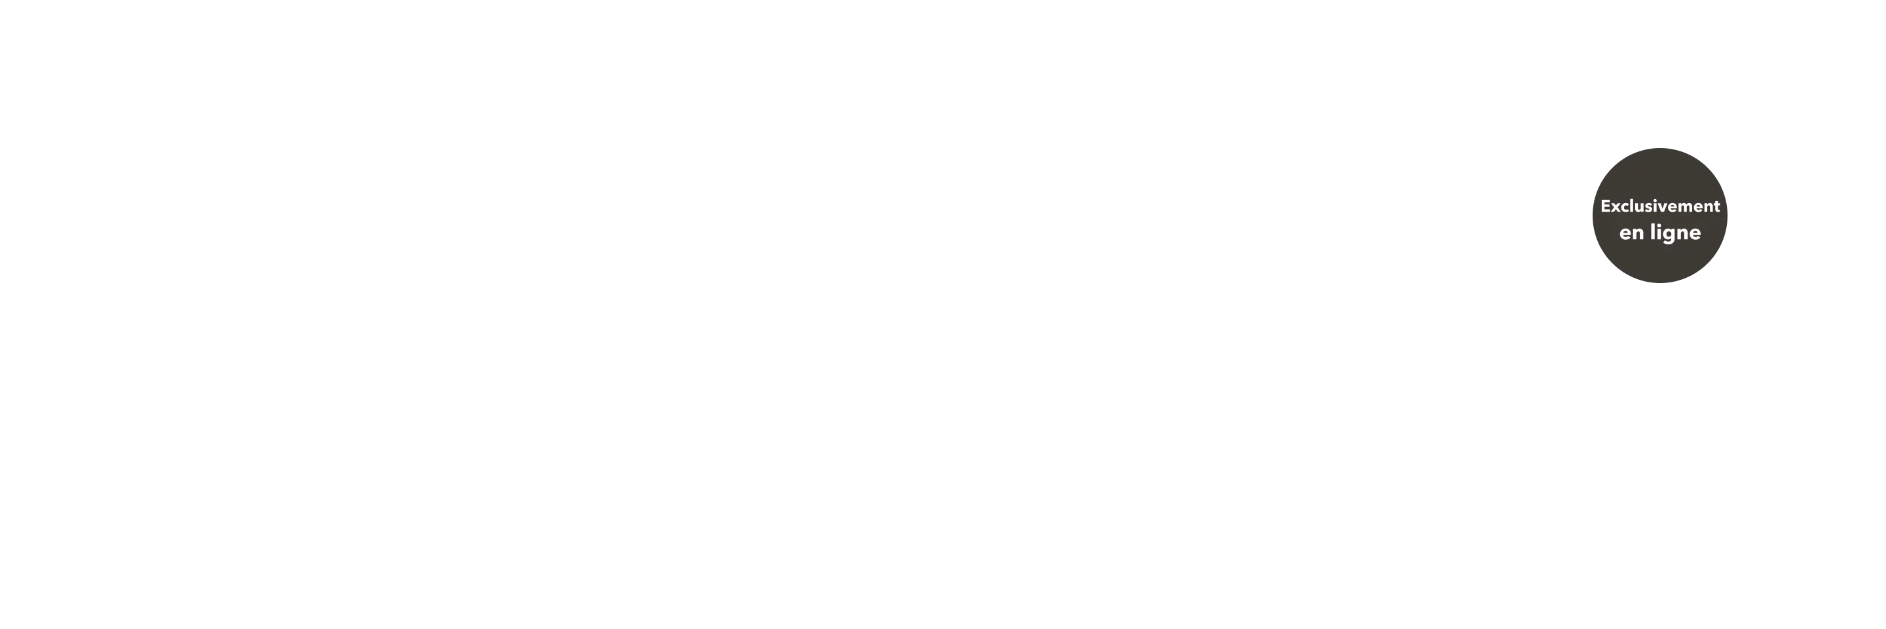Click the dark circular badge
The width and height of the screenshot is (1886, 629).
pyautogui.click(x=1660, y=216)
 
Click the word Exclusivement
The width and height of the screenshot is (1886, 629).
pyautogui.click(x=1660, y=206)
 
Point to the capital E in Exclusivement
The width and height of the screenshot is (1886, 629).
pyautogui.click(x=1606, y=206)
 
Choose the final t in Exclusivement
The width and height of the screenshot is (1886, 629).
pyautogui.click(x=1717, y=207)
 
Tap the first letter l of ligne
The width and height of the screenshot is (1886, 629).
pyautogui.click(x=1652, y=231)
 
